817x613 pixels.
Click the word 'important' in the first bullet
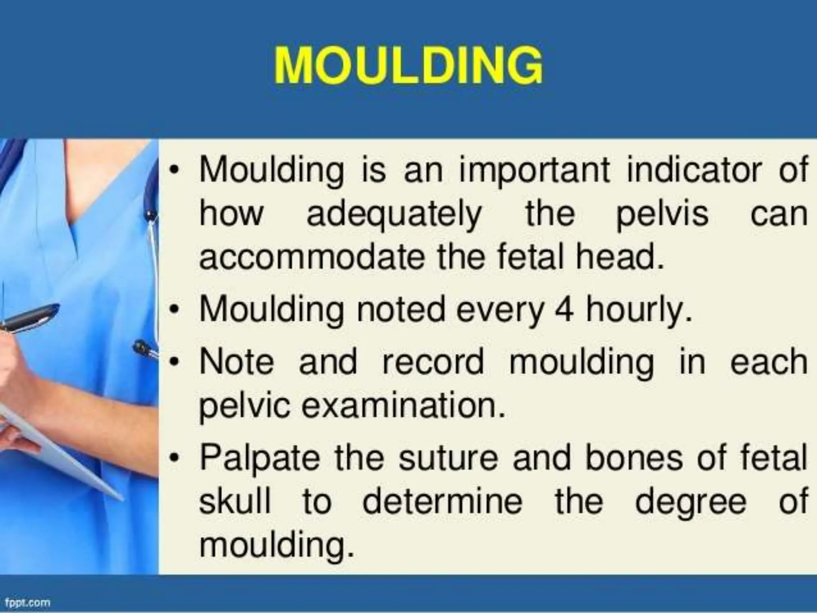(x=534, y=171)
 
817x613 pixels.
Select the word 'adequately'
(x=394, y=215)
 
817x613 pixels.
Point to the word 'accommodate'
(x=311, y=257)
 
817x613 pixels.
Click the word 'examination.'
(x=403, y=405)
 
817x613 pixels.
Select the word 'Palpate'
(x=260, y=458)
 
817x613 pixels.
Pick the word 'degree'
(x=690, y=502)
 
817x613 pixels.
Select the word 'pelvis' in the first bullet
(x=662, y=215)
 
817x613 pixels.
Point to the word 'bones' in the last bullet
(x=634, y=458)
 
